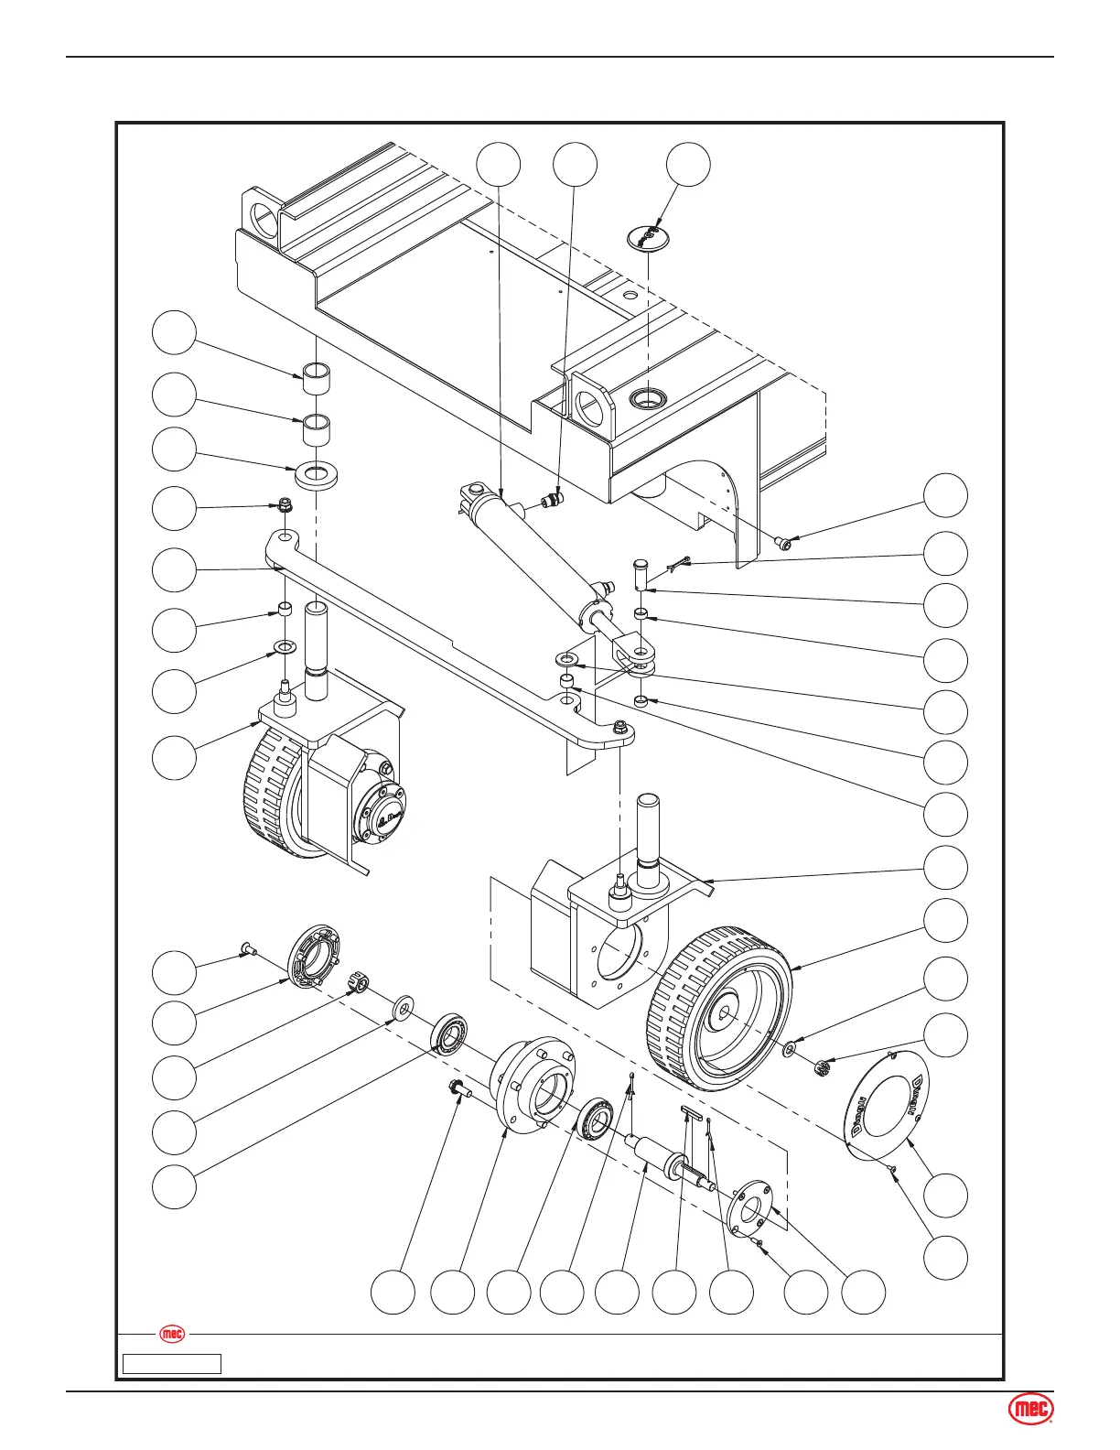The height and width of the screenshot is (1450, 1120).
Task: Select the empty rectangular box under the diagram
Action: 173,1364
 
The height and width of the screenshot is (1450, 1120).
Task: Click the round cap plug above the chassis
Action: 649,238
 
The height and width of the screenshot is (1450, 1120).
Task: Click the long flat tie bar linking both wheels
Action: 439,641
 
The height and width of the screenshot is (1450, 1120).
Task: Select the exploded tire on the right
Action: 719,1008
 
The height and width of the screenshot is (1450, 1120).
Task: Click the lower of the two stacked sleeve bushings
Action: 317,427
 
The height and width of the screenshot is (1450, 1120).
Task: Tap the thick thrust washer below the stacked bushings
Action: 317,475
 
